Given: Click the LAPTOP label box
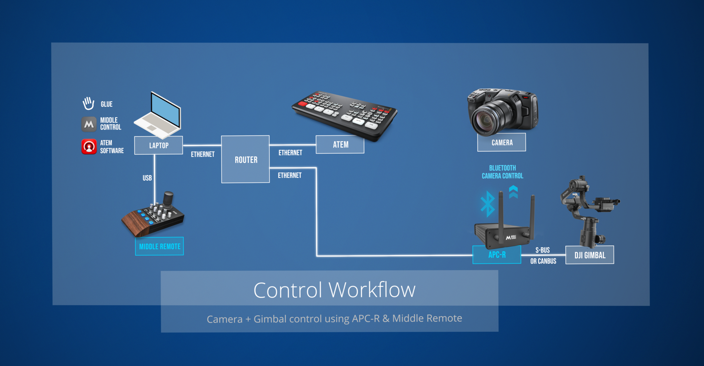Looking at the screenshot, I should point(158,145).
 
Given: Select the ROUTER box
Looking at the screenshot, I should point(245,159).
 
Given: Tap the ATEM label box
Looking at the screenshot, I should point(340,145).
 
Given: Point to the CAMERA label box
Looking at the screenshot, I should point(502,142).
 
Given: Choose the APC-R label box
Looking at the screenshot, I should point(497,255).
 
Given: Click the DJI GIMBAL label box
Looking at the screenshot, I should point(590,255).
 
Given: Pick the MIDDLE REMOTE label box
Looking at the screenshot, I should point(159,246).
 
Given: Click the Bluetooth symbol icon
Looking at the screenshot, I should point(487,204).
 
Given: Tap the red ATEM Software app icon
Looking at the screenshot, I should point(89,147).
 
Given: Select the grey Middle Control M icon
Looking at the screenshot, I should point(89,124).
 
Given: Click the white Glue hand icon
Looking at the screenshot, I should point(88,103).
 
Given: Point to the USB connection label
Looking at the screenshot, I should point(147,178).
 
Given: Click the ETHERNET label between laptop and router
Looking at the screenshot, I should point(203,154).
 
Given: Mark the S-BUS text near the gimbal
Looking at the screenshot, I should point(542,250).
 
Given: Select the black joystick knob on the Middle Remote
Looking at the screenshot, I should point(168,198).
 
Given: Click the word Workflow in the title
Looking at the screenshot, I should point(372,290).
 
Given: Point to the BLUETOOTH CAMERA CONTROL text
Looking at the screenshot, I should point(502,172).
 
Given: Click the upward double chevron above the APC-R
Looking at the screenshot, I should point(513,192).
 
